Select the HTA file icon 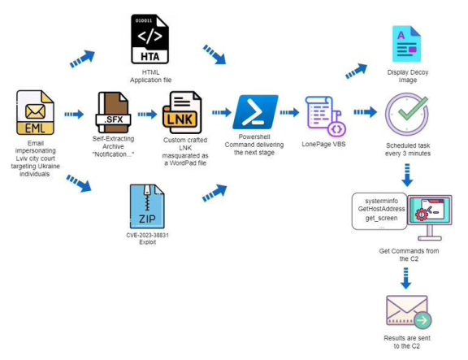pos(150,40)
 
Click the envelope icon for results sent pos(405,310)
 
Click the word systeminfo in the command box pos(375,200)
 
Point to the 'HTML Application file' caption pos(151,76)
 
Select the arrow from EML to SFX pos(74,115)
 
